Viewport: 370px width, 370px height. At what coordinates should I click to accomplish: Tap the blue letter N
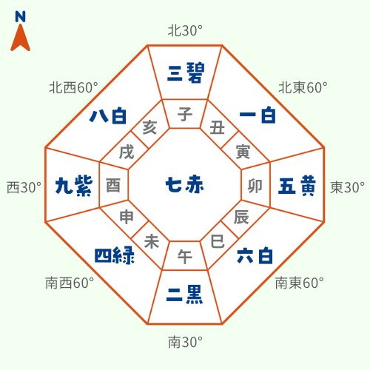tap(20, 17)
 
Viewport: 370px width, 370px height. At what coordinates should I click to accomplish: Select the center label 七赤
tap(185, 184)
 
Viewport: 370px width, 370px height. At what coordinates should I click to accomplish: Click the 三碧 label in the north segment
tap(186, 73)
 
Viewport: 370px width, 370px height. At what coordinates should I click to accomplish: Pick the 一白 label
tap(258, 115)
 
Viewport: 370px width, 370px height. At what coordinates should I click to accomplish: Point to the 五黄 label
tap(297, 186)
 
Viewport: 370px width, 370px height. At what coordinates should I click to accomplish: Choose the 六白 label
tap(255, 255)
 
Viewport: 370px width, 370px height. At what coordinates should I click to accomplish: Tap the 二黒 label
tap(184, 294)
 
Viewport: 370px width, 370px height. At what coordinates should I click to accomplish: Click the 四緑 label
tap(115, 255)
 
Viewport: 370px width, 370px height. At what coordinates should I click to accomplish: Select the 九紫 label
tap(74, 186)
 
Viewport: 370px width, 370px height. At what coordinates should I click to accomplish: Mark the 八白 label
tap(108, 115)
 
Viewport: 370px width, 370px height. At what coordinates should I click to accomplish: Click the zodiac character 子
tap(185, 114)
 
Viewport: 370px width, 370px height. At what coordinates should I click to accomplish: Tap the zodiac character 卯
tap(255, 186)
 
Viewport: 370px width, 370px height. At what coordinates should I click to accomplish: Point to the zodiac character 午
tap(185, 257)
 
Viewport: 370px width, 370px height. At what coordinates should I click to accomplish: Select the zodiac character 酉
tap(113, 186)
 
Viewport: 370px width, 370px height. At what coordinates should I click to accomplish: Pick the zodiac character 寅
tap(243, 152)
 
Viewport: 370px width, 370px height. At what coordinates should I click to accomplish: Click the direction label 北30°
tap(185, 31)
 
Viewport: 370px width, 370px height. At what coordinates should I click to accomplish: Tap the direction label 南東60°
tap(300, 283)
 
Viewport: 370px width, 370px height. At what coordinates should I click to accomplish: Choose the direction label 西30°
tap(24, 187)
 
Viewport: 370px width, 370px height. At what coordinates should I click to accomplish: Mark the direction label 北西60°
tap(73, 87)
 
